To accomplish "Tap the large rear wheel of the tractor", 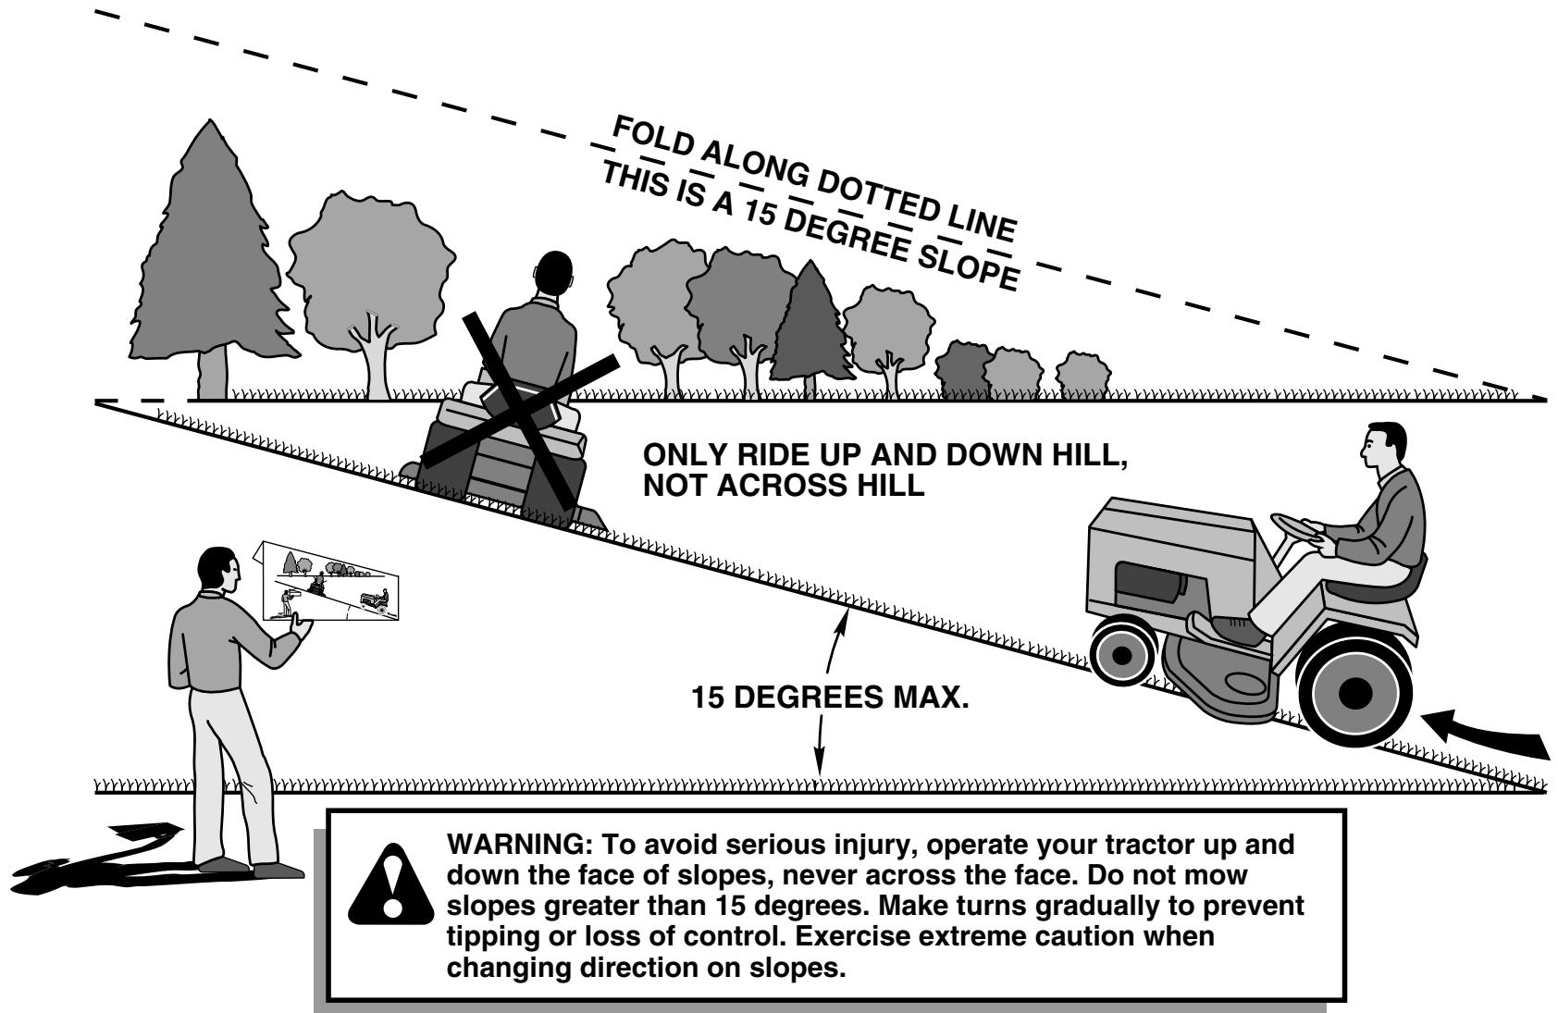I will pyautogui.click(x=1354, y=690).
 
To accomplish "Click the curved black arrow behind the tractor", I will pyautogui.click(x=1490, y=735).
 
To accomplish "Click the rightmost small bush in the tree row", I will pyautogui.click(x=1083, y=374).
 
